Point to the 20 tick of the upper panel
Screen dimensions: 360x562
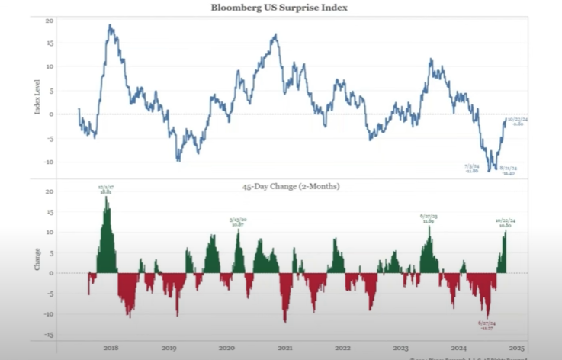(x=50, y=19)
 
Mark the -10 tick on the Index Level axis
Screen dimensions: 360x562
(x=49, y=162)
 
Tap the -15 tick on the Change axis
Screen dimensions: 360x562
(x=49, y=335)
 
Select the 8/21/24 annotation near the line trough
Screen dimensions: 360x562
(x=509, y=170)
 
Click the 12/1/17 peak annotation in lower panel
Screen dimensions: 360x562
(x=105, y=189)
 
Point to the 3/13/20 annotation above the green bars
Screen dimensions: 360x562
(x=237, y=222)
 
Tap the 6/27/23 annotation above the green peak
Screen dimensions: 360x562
(x=428, y=219)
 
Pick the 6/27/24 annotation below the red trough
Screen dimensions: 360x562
(x=486, y=325)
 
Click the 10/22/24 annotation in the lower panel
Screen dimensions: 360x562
(x=505, y=223)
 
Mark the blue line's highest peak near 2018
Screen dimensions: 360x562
(x=110, y=25)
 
